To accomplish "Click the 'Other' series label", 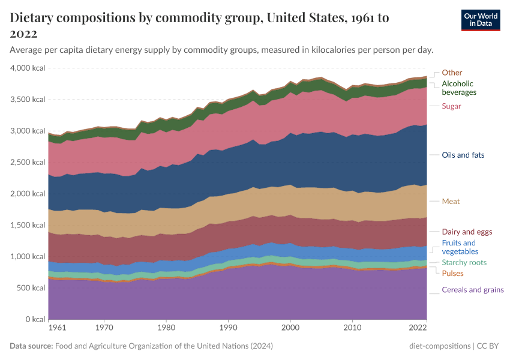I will [452, 73].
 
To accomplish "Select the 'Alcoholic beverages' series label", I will [459, 88].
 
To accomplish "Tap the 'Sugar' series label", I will [451, 106].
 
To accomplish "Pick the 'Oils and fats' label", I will [463, 155].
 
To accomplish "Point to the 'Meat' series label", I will [451, 201].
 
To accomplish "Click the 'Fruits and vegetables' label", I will [459, 247].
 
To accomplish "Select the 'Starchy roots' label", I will [464, 263].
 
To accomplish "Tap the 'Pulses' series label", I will [452, 274].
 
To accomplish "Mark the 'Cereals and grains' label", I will [473, 290].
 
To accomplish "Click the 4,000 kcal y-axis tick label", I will [28, 68].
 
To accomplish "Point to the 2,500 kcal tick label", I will [28, 163].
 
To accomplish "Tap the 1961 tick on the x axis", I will [57, 329].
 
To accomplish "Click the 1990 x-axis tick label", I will [228, 329].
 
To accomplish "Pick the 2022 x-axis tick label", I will [418, 329].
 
